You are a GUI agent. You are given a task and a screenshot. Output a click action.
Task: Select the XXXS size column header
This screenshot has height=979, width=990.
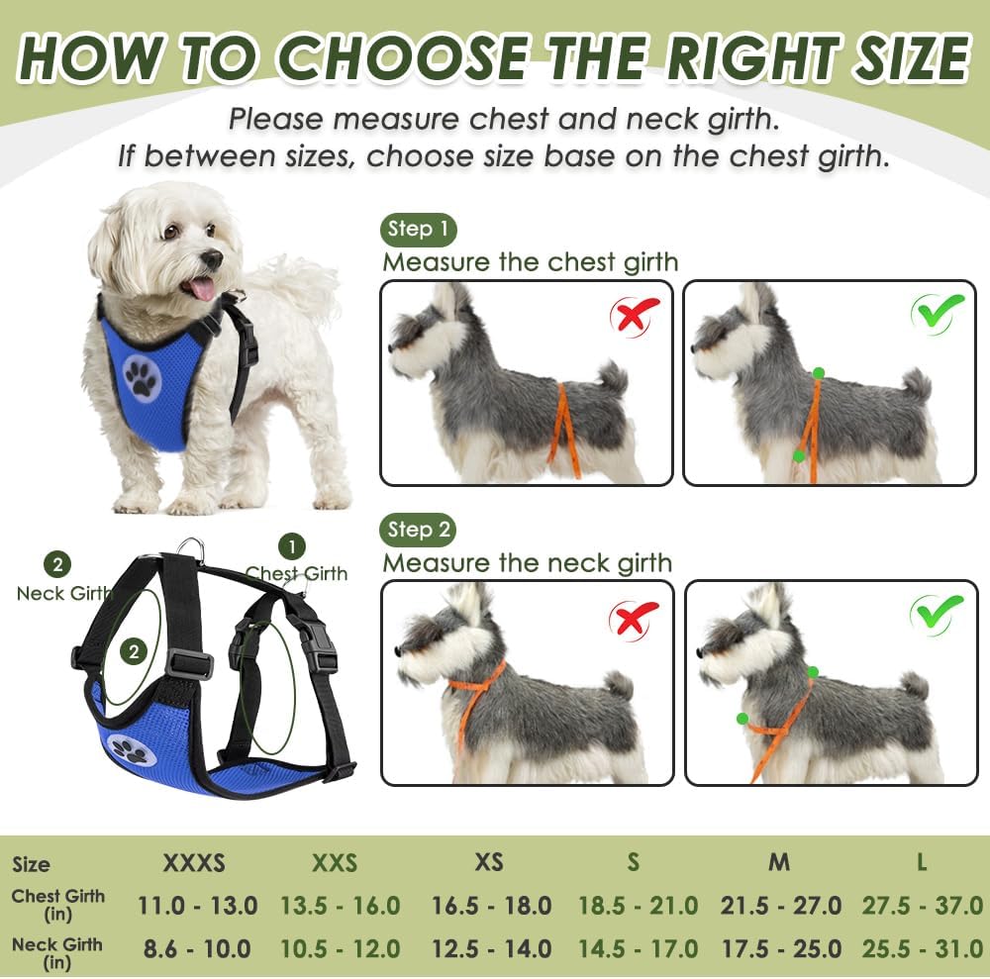194,862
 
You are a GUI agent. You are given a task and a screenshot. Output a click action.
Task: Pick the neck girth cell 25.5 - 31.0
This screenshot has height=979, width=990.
921,948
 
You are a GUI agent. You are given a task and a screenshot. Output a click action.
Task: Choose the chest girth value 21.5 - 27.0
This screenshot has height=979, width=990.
780,905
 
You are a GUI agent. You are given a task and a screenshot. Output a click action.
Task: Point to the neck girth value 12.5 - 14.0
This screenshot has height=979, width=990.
491,948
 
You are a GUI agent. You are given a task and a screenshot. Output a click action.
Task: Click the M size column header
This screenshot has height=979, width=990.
779,862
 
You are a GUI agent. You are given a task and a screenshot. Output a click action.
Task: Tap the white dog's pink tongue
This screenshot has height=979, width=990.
202,288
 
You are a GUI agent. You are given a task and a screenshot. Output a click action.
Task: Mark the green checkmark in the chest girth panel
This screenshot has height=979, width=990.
938,313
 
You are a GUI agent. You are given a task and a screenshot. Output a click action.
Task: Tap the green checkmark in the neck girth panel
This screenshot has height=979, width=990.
937,615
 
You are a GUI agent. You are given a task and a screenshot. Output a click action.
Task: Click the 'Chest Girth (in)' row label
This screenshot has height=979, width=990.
57,905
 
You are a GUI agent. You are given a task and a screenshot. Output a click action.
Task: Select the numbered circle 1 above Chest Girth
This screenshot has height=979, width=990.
291,546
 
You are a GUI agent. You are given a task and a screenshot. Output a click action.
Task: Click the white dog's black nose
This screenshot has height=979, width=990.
212,258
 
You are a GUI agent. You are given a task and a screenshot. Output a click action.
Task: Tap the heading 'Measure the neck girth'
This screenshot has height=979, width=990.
527,563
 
